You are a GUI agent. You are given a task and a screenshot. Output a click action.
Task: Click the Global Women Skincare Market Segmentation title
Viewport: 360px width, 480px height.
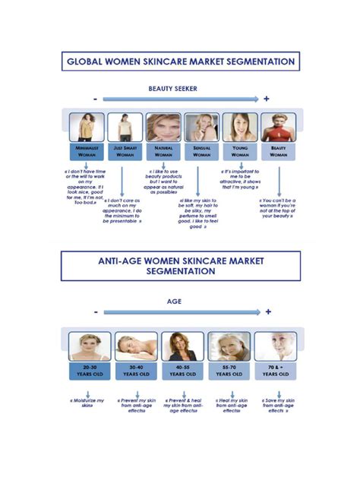coord(180,62)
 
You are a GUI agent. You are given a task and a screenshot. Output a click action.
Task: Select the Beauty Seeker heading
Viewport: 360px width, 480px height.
coord(172,89)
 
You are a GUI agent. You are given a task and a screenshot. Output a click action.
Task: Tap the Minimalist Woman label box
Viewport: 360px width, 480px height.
coord(86,151)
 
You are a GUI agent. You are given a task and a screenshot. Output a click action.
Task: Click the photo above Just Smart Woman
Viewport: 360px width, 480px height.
coord(125,128)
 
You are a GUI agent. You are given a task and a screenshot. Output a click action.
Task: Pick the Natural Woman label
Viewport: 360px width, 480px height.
coord(163,151)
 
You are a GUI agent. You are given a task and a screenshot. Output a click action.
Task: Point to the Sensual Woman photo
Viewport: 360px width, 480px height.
coord(202,128)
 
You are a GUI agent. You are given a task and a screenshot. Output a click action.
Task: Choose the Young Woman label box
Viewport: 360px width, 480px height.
coord(240,151)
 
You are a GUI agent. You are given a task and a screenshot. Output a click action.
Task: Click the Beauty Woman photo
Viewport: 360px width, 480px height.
coord(279,128)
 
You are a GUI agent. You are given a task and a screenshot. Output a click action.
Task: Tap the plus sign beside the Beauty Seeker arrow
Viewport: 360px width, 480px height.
coord(267,99)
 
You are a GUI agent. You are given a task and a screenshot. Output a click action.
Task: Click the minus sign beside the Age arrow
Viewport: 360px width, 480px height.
coord(96,312)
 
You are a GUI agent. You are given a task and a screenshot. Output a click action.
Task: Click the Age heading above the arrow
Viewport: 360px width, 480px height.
coord(174,301)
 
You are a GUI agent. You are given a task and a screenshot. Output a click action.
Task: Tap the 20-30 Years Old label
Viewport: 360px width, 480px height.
coord(89,370)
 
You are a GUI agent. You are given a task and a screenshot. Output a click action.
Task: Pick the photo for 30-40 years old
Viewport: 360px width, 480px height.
coord(137,346)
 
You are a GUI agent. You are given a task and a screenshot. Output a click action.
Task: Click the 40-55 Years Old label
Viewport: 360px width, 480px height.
coord(183,370)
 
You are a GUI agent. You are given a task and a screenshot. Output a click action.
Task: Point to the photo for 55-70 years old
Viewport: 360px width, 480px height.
coord(229,346)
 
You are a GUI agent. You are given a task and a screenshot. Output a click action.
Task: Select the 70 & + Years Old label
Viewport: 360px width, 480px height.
coord(276,370)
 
